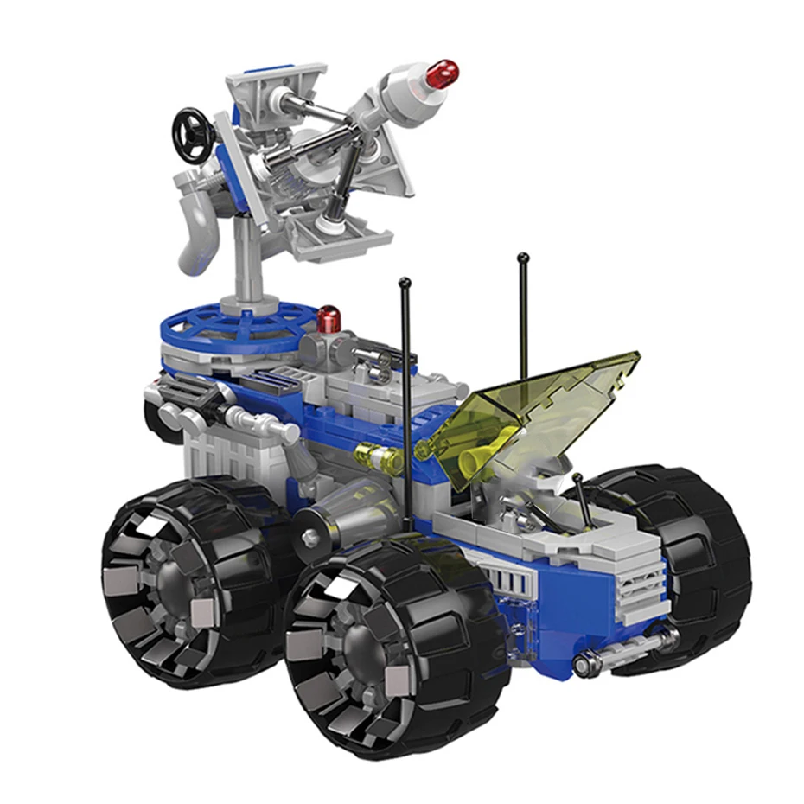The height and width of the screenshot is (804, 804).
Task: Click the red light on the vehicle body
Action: point(328,320)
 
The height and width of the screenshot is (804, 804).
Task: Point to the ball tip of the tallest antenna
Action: point(523,256)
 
